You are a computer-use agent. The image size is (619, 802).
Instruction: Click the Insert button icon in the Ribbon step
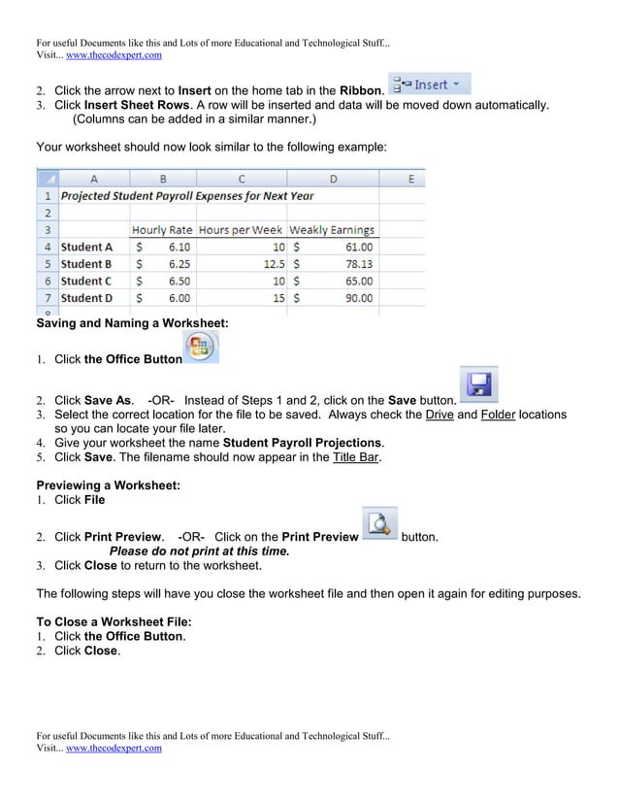[430, 85]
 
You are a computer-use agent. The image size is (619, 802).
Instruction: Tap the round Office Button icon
[201, 348]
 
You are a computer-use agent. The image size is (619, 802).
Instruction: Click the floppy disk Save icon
[477, 384]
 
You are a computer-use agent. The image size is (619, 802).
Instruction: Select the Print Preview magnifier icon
[379, 525]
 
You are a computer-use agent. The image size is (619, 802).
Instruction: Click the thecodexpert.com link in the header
[114, 55]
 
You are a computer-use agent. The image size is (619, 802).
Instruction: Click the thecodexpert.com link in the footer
[114, 749]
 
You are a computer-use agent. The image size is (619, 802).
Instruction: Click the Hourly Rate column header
[162, 230]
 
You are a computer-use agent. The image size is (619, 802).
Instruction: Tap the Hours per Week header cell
[241, 230]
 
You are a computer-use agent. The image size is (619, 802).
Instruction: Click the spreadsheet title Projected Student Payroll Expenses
[187, 195]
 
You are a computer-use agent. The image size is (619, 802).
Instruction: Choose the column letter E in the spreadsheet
[410, 179]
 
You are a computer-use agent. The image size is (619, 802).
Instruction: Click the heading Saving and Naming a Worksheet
[132, 322]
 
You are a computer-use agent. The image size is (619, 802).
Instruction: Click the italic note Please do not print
[199, 551]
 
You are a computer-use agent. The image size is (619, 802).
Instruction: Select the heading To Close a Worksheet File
[114, 621]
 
